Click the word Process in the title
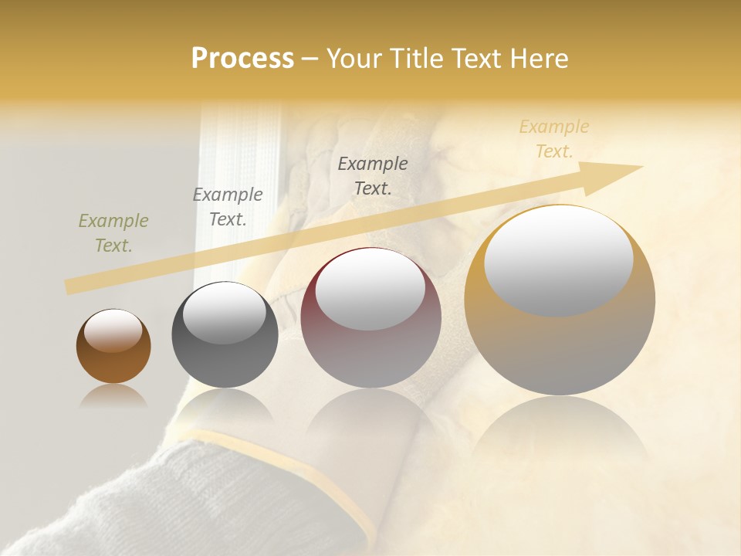242,58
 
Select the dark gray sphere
225,355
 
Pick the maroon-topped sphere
371,340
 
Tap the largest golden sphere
560,347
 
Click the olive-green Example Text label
113,233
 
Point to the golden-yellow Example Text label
554,139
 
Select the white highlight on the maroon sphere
370,290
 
